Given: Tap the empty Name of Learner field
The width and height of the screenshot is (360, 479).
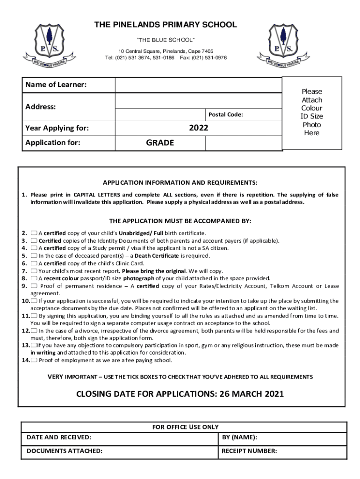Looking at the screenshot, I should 198,85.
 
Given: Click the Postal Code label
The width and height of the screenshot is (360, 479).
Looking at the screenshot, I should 225,115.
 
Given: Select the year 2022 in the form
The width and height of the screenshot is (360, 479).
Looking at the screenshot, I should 199,128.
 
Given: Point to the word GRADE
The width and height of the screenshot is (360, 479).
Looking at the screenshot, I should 160,143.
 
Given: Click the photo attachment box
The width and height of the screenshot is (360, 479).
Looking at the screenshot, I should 311,113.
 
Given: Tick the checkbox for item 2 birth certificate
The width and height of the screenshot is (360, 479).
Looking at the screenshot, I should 34,233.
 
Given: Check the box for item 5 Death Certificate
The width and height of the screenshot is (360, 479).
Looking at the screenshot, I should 34,256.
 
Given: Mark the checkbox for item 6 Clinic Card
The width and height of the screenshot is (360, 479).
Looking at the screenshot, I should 34,263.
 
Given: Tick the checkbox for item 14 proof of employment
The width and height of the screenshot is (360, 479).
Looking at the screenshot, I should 34,360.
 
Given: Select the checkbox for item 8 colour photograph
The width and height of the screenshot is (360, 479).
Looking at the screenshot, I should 34,278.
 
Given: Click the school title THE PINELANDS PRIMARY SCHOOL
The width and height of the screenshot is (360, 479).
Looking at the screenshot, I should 166,25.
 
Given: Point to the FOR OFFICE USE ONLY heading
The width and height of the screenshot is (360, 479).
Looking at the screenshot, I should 186,427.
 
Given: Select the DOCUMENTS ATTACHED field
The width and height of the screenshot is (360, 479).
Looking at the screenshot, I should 119,451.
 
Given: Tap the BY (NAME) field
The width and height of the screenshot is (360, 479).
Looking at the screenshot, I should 282,438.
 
